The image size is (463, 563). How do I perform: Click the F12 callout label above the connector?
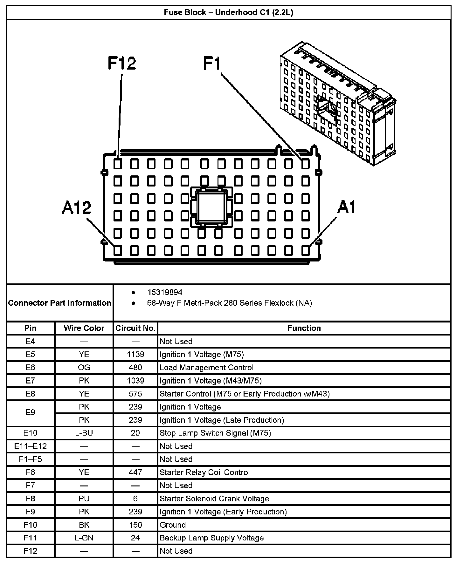[x=122, y=63]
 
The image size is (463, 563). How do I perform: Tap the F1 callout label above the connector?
[x=212, y=63]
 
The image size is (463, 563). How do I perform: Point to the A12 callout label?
[x=77, y=207]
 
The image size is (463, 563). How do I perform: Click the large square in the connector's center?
[x=211, y=207]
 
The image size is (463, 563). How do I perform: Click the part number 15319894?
[x=165, y=292]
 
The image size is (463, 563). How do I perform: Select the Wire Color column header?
[x=84, y=328]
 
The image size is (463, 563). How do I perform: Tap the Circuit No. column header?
[x=135, y=328]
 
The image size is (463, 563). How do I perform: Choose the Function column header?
[x=304, y=328]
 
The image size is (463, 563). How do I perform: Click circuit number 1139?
[x=135, y=354]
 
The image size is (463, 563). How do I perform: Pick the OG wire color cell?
[x=84, y=368]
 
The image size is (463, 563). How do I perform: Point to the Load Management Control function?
[x=207, y=368]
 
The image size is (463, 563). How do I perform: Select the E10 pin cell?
[x=30, y=433]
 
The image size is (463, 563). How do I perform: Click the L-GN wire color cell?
[x=84, y=538]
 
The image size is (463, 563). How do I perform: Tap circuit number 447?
[x=135, y=472]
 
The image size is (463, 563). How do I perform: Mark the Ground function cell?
[x=173, y=525]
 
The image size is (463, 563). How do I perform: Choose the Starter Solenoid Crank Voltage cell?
[x=214, y=499]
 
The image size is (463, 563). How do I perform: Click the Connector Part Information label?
[x=60, y=303]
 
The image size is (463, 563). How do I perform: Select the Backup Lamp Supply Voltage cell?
[x=212, y=538]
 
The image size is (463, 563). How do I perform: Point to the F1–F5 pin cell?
[x=30, y=459]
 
